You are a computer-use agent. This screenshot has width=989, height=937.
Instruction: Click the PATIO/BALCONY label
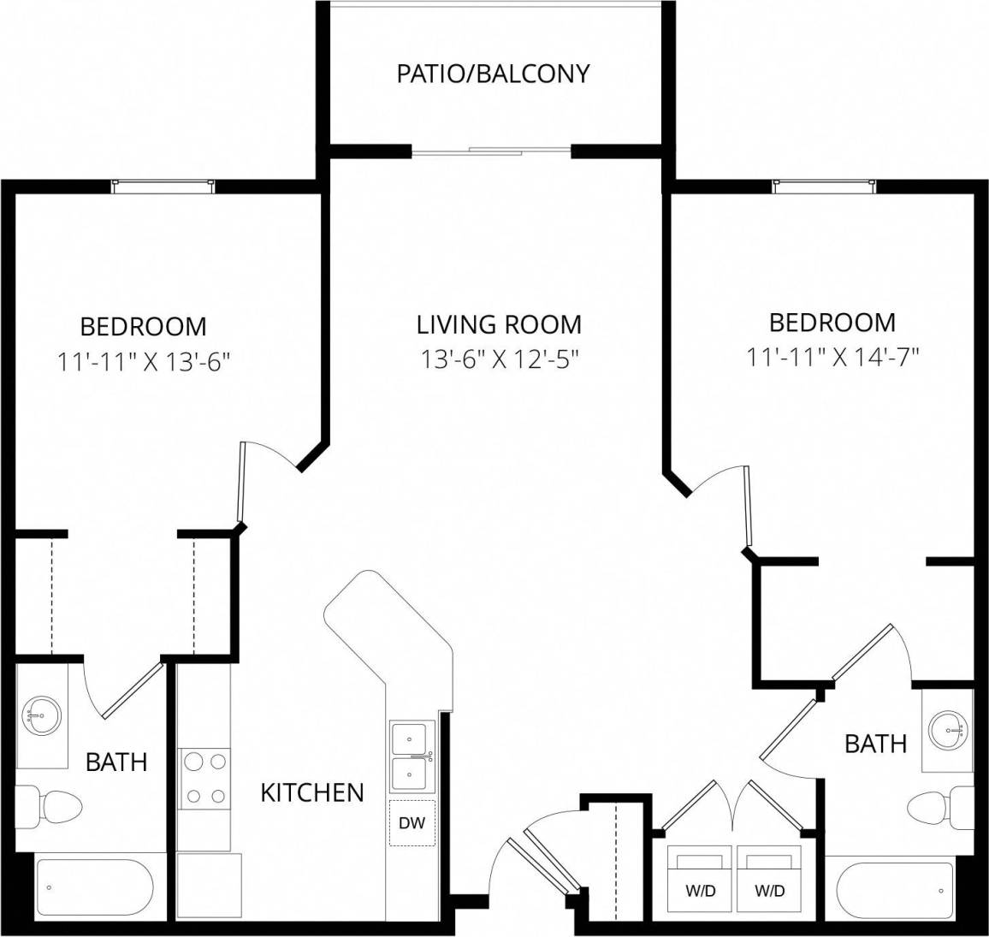coord(493,74)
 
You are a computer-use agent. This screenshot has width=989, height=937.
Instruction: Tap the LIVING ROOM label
coord(499,324)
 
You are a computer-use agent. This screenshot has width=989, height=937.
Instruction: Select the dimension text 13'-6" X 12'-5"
coord(499,359)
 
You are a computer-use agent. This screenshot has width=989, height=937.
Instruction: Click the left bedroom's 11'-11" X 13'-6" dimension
coord(144,361)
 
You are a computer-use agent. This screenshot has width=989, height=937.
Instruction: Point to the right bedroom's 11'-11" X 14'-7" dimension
coord(832,357)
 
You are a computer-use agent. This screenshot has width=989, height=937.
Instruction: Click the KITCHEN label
coord(311,792)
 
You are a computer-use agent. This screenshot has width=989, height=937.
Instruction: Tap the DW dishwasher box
coord(412,823)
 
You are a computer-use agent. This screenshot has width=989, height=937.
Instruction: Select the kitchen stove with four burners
coord(204,778)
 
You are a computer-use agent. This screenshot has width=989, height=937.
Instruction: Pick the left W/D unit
coord(700,879)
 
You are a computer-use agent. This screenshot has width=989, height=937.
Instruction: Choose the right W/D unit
coord(769,879)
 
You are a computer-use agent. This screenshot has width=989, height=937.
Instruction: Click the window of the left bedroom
coord(163,185)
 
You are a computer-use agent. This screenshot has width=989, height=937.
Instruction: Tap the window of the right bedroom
coord(824,185)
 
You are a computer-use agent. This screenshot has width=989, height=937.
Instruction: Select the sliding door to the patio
coord(492,152)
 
